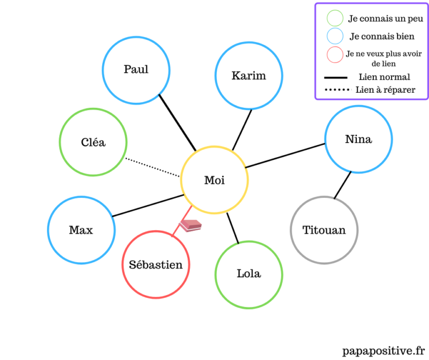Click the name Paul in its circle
click(x=136, y=70)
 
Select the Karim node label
click(x=249, y=75)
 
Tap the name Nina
click(x=358, y=139)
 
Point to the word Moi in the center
click(x=214, y=180)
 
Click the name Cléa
click(x=93, y=143)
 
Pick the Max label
click(x=81, y=230)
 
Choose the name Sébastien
click(x=156, y=264)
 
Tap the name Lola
click(x=249, y=274)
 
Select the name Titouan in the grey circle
click(x=323, y=230)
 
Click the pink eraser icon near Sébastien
click(x=190, y=225)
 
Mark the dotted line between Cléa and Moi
click(x=152, y=168)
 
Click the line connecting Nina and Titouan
click(x=342, y=184)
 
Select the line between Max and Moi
click(x=148, y=205)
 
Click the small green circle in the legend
click(x=335, y=18)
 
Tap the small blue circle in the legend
click(x=335, y=36)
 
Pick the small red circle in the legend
click(x=335, y=55)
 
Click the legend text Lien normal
click(x=384, y=77)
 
